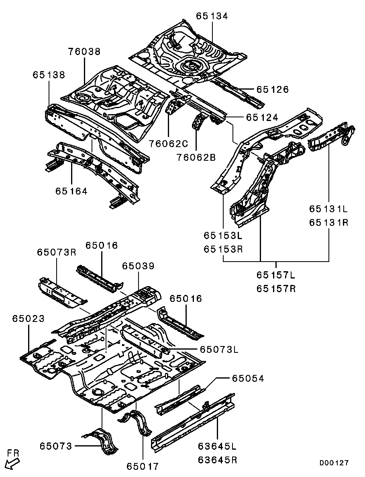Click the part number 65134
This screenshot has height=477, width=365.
(212, 16)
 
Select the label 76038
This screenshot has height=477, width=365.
(84, 51)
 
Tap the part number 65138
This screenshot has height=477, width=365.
(49, 75)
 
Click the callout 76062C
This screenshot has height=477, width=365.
(168, 143)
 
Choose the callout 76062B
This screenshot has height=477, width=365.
(196, 157)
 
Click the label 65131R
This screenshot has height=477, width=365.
(328, 223)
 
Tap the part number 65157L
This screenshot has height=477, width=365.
(276, 275)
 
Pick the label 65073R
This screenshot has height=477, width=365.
(57, 252)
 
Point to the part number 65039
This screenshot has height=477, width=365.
(138, 266)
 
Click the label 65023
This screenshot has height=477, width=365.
(28, 319)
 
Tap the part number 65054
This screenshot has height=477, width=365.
(247, 379)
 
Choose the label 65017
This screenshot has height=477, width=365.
(143, 466)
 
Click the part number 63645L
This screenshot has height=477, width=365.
(217, 446)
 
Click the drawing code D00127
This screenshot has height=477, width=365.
(334, 463)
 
